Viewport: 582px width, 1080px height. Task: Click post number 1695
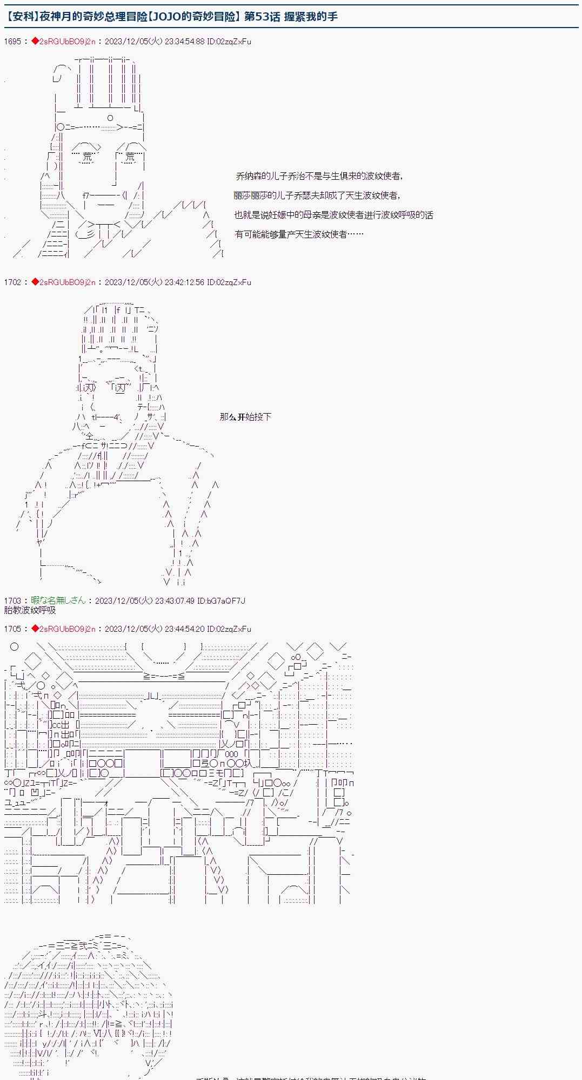[12, 42]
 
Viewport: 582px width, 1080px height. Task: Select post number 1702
[12, 282]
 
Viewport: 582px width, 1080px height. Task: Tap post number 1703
[12, 601]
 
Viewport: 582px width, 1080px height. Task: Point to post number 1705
[12, 629]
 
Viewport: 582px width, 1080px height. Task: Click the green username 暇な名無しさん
[58, 601]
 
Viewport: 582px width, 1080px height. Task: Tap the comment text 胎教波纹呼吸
[30, 611]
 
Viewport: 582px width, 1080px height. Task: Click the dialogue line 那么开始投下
[245, 417]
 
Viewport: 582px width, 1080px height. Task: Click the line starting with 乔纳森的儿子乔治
[319, 176]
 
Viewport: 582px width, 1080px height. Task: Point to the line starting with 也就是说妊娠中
[333, 215]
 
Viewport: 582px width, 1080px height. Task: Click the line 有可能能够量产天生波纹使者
[299, 234]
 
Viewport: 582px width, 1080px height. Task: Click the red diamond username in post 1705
[63, 629]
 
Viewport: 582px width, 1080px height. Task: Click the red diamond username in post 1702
[63, 282]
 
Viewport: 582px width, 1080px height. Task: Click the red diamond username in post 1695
[63, 42]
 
